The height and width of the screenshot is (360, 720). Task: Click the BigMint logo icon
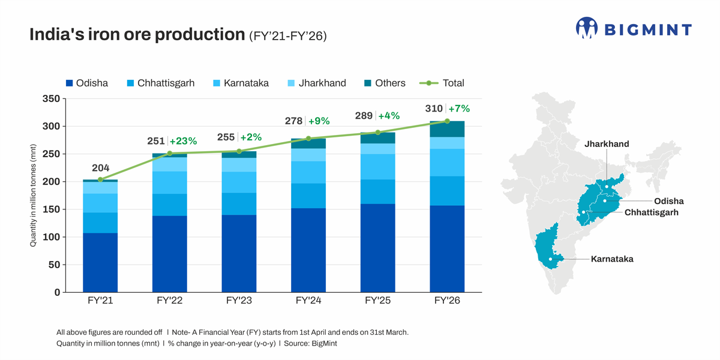click(587, 28)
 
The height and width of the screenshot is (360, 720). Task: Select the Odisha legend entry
click(86, 83)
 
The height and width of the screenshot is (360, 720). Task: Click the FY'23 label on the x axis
click(239, 301)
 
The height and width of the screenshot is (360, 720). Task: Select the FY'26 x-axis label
click(447, 301)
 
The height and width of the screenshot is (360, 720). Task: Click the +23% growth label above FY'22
click(183, 142)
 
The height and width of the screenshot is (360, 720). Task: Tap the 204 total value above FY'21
click(100, 168)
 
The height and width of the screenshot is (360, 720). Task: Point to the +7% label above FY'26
click(459, 109)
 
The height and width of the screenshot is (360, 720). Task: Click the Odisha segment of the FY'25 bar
click(377, 248)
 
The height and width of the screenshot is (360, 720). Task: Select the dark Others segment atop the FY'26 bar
click(447, 129)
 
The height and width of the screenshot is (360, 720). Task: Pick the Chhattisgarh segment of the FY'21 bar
click(100, 223)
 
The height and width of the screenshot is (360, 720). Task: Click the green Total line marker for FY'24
click(308, 139)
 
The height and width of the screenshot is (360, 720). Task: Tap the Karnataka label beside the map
click(612, 259)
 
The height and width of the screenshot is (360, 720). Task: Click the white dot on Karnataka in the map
click(550, 259)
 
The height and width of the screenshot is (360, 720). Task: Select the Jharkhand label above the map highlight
click(607, 144)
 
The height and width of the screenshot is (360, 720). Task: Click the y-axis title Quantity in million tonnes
click(34, 196)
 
